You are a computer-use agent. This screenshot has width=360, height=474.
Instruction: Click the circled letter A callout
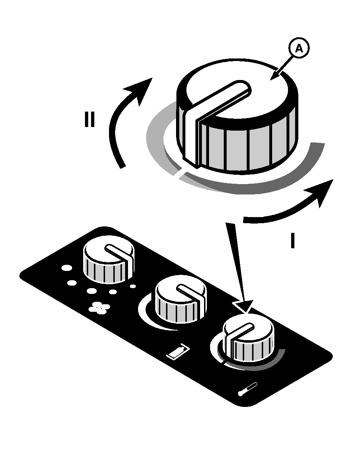(x=299, y=48)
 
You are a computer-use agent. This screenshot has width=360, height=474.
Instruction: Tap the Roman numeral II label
(x=90, y=119)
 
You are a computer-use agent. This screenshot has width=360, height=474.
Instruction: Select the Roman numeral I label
(x=293, y=240)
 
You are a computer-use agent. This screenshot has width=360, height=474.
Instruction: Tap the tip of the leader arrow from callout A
(x=271, y=80)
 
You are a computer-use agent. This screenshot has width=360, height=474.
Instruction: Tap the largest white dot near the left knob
(x=67, y=268)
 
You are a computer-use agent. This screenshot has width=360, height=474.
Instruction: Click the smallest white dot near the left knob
(x=133, y=286)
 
